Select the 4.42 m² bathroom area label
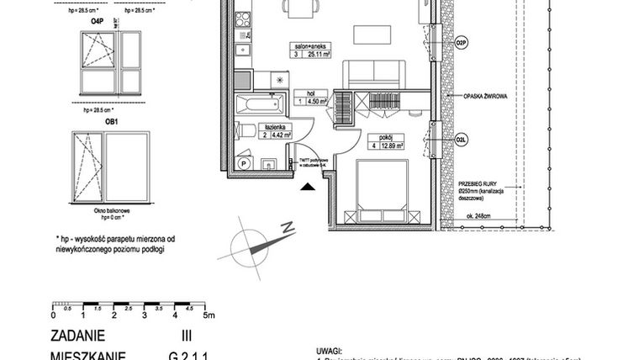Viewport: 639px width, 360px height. pyautogui.click(x=279, y=135)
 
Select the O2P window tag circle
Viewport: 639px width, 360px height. pyautogui.click(x=461, y=42)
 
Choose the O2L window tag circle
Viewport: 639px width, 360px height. pyautogui.click(x=461, y=140)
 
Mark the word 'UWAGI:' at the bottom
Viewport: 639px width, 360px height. pyautogui.click(x=330, y=347)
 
